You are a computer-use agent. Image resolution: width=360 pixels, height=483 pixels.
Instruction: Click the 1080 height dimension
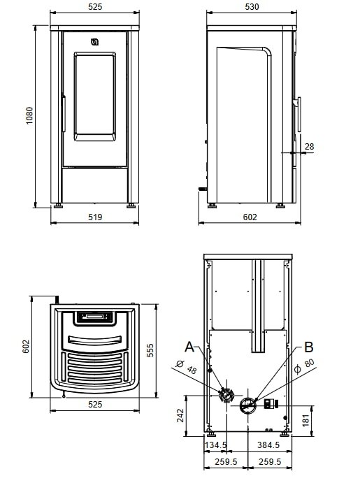point(29,115)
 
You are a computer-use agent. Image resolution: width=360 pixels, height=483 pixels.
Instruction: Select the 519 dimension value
point(95,217)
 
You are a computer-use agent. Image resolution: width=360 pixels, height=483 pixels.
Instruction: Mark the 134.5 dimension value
point(215,445)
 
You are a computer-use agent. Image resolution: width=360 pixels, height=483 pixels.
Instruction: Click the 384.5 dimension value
point(268,445)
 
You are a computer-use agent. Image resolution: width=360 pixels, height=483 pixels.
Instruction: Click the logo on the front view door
point(95,43)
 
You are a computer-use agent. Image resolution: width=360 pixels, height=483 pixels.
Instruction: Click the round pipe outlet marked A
point(226,396)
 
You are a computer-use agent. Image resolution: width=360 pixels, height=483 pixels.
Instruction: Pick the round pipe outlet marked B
point(248,404)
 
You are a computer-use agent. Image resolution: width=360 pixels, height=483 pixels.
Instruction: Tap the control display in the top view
point(94,317)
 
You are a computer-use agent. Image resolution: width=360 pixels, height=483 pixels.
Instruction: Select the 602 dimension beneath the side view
point(250,217)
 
